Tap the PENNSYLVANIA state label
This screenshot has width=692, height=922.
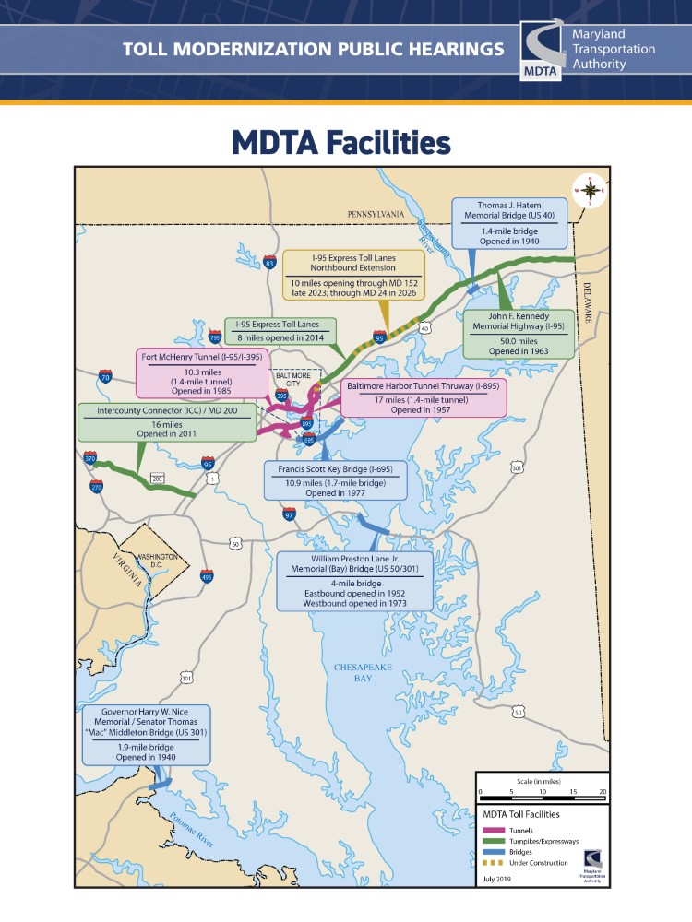tap(376, 214)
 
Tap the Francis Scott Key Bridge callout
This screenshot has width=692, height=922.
tap(335, 480)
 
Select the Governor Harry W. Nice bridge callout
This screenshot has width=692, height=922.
tap(146, 735)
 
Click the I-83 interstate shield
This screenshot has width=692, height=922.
tap(269, 262)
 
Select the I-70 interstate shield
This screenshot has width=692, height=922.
tap(104, 376)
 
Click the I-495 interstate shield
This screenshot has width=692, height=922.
tap(206, 576)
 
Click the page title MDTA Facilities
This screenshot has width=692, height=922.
tap(340, 142)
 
